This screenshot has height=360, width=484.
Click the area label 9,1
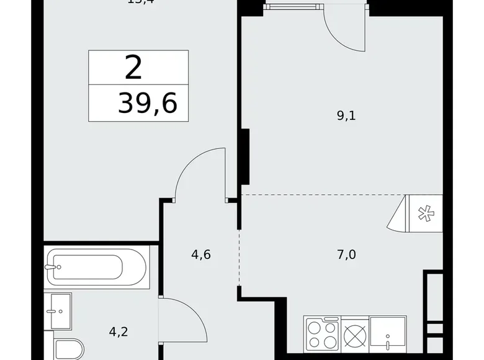click(346, 116)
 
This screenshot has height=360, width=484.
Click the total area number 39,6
click(148, 104)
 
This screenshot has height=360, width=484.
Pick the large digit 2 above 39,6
click(133, 68)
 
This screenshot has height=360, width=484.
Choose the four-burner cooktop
click(321, 335)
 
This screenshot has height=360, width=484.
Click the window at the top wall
click(295, 6)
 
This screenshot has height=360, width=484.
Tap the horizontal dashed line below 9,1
click(323, 195)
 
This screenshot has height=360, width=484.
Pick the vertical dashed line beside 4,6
click(239, 258)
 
